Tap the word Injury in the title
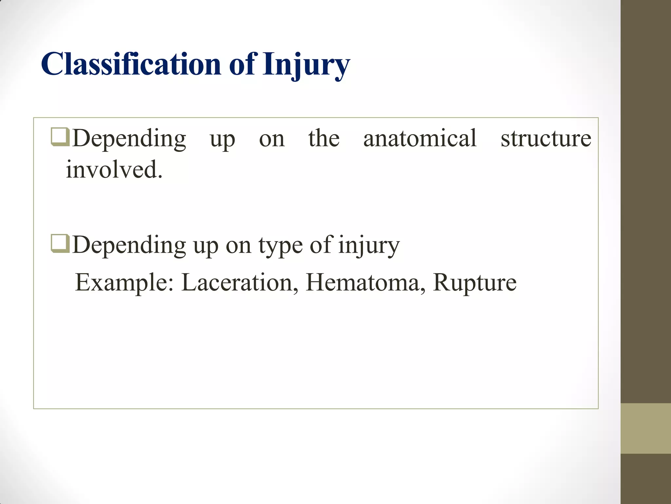pos(306,65)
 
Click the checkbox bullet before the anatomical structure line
pos(60,137)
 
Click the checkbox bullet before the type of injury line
pos(60,244)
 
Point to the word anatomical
pos(420,138)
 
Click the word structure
pos(546,138)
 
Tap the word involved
pos(111,170)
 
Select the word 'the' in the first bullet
pos(324,138)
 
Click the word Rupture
pos(474,283)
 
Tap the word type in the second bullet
pos(280,245)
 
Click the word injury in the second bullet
pos(369,245)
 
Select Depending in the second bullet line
pos(129,245)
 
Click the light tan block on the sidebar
pos(645,428)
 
